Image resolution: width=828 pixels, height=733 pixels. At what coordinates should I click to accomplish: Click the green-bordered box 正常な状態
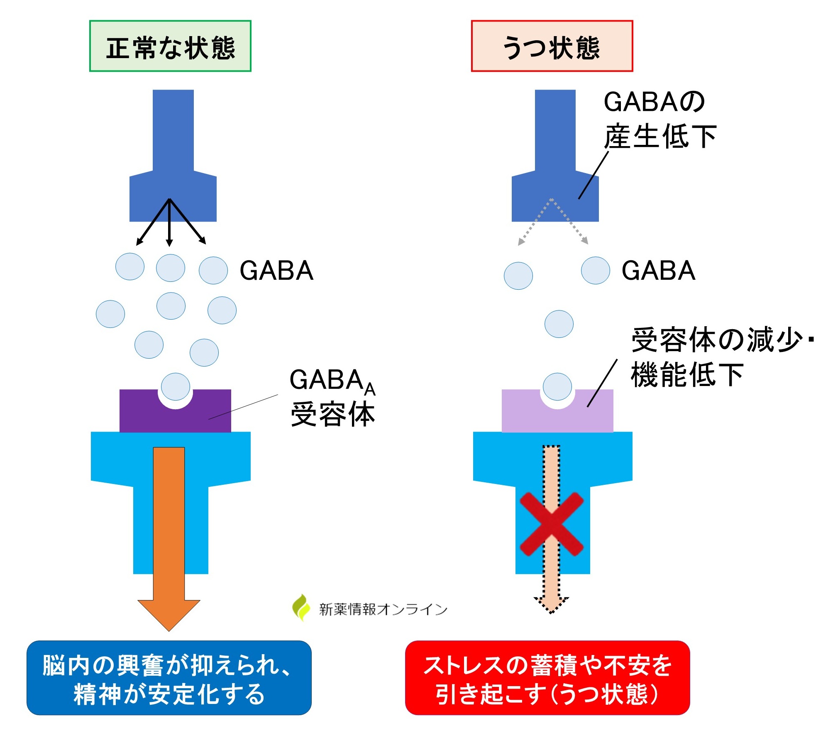(170, 46)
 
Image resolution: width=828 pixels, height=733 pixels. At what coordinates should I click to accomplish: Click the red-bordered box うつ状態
(552, 46)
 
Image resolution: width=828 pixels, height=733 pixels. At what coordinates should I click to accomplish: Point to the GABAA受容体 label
(332, 397)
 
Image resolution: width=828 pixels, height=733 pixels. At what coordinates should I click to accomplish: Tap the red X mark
(552, 524)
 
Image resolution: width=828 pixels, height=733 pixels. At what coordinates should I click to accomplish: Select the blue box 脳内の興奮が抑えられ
(169, 677)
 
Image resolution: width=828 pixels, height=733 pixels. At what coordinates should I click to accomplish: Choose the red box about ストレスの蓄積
(547, 677)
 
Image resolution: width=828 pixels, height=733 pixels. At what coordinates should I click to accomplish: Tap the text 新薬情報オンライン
(383, 609)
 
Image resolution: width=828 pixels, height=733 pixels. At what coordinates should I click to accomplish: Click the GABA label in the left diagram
(276, 271)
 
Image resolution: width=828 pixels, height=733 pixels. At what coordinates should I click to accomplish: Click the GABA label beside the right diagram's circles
(658, 271)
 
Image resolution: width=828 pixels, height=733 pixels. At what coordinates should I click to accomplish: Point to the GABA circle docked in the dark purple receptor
(176, 386)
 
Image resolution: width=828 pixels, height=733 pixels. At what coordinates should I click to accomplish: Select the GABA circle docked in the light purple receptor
(557, 386)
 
